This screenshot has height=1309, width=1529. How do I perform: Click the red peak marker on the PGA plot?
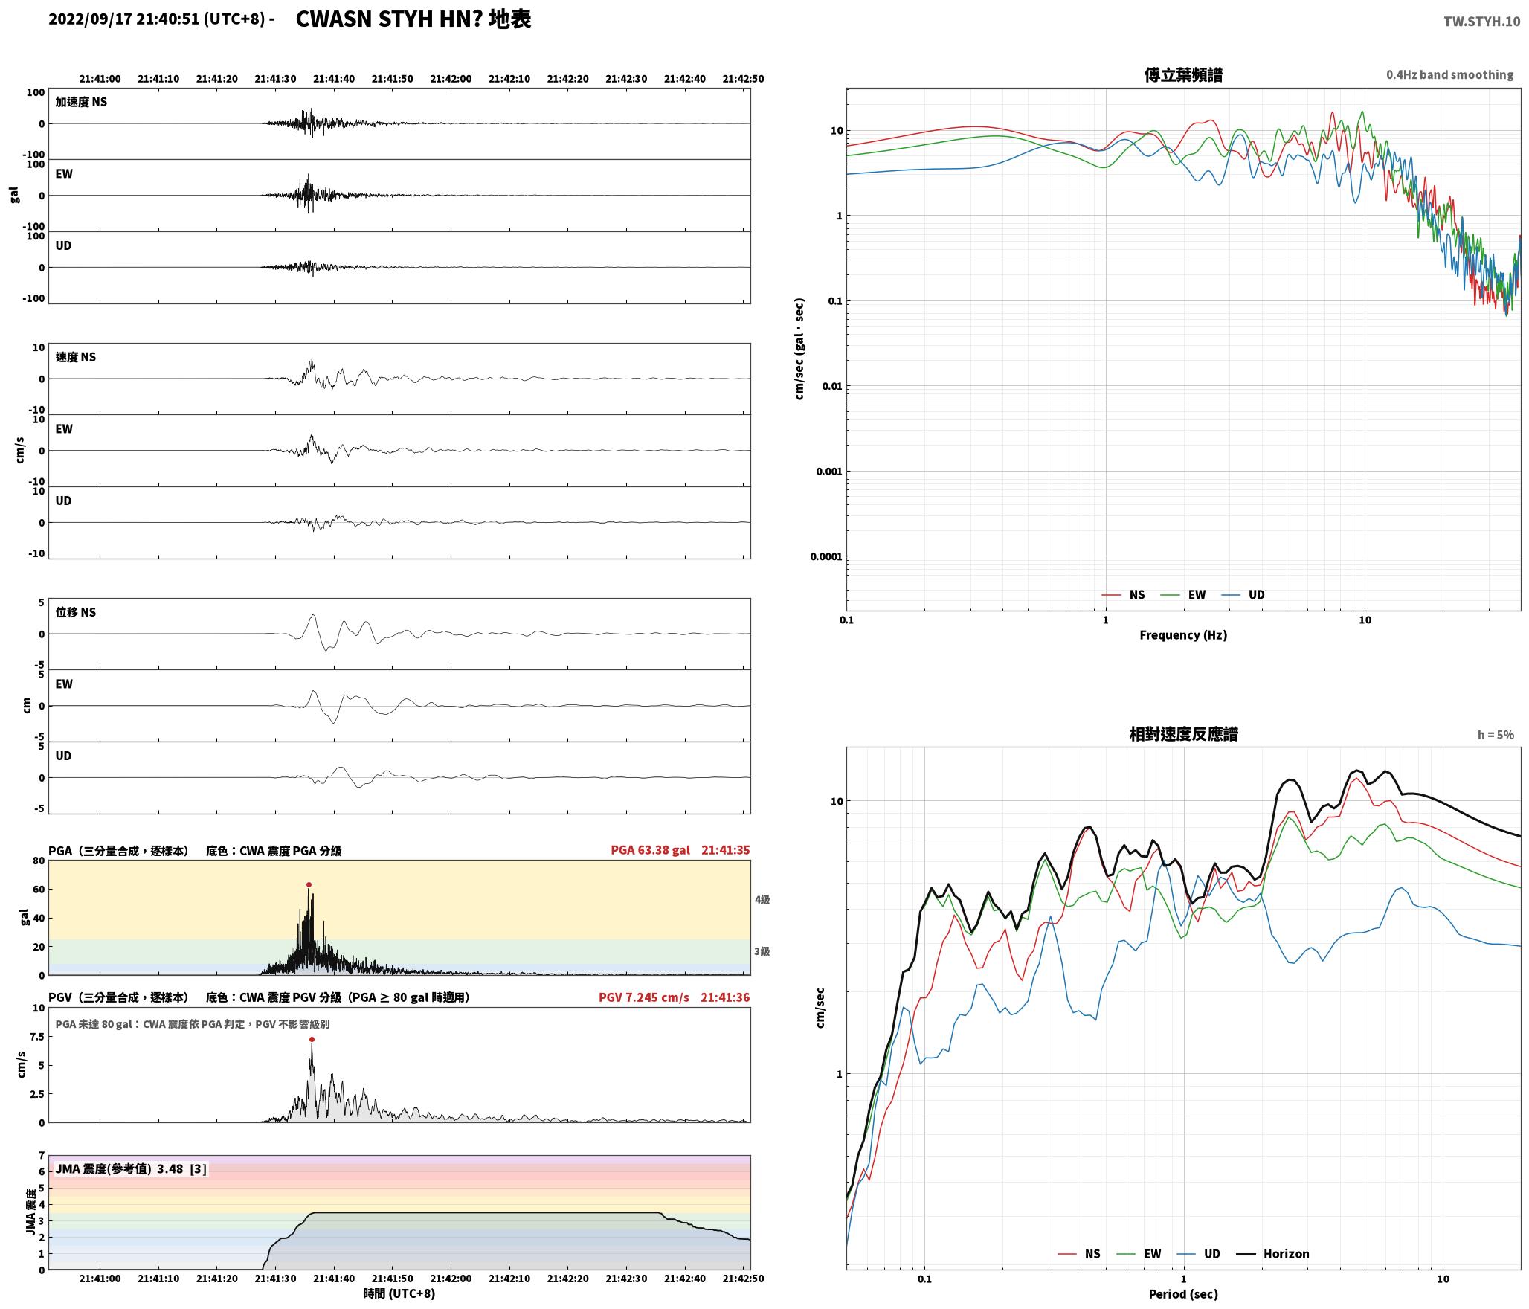[x=309, y=885]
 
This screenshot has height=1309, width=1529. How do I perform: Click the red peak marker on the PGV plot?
[x=312, y=1040]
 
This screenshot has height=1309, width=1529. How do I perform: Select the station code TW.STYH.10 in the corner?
[x=1481, y=22]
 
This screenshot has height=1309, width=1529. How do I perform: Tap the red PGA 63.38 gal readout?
[x=650, y=850]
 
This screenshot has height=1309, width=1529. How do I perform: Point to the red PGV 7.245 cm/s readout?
[x=644, y=997]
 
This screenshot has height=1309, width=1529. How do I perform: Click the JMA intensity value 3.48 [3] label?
[x=131, y=1169]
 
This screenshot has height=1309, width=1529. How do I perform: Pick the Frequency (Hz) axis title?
[x=1183, y=635]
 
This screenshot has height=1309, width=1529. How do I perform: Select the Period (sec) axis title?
[x=1183, y=1294]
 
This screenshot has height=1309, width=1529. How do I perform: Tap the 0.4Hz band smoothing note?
[x=1449, y=75]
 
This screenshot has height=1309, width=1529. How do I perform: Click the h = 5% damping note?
[x=1496, y=735]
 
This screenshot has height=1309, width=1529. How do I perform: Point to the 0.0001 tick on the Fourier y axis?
[x=826, y=556]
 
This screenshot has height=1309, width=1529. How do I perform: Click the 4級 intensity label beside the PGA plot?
[x=762, y=900]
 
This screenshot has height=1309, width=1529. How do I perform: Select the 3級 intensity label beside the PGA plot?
[x=762, y=951]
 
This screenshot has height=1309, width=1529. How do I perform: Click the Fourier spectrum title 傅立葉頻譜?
[x=1183, y=75]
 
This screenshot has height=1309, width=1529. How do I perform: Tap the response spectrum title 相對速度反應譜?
[x=1183, y=734]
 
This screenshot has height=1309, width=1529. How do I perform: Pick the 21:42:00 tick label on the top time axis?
[x=451, y=79]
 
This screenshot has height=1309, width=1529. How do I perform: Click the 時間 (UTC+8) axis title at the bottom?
[x=399, y=1293]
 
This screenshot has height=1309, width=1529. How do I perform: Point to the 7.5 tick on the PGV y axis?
[x=36, y=1037]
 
